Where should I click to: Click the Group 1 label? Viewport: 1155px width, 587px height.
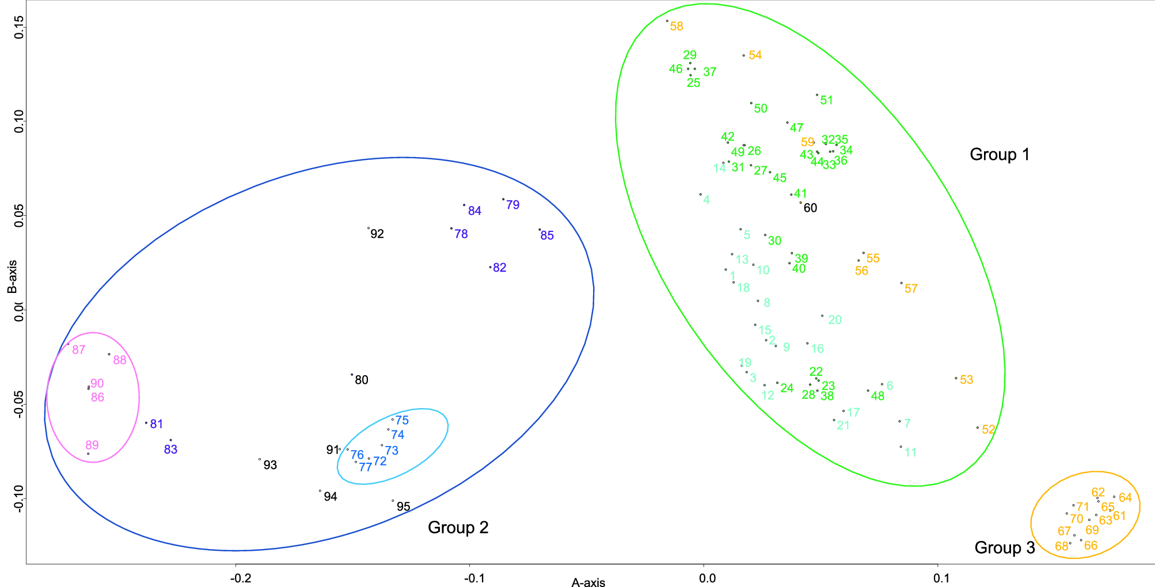pos(1000,154)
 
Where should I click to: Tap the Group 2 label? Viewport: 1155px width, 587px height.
pos(458,527)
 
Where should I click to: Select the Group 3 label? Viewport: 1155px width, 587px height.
pos(1005,547)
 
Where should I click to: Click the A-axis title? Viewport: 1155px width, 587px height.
pos(588,582)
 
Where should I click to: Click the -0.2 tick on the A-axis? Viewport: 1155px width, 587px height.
pos(240,578)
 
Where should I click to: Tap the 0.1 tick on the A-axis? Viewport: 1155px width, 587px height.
pos(941,578)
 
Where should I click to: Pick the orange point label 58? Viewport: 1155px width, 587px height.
pos(677,26)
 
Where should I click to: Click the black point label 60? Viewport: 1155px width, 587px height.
pos(810,208)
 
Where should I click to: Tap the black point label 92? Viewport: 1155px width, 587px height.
pos(377,234)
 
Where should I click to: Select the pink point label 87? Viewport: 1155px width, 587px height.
pos(79,349)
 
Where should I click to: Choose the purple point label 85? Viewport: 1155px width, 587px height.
pos(547,235)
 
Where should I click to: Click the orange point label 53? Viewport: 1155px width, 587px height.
pos(967,380)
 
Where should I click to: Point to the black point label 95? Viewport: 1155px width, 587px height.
pos(404,506)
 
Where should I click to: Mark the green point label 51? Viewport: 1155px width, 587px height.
pos(827,100)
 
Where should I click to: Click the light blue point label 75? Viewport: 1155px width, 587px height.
pos(402,420)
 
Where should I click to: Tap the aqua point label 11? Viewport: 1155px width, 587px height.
pos(910,452)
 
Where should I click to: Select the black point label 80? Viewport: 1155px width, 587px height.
pos(362,380)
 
